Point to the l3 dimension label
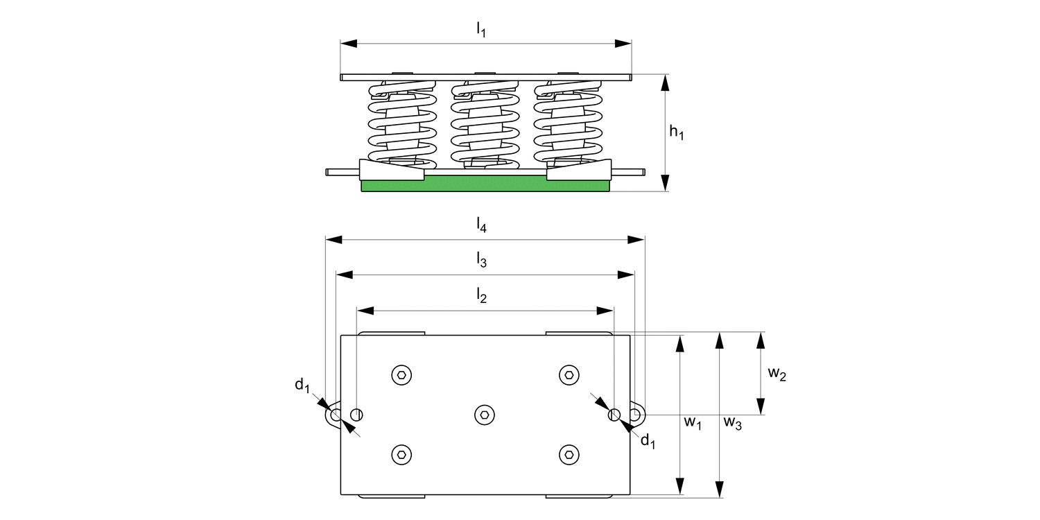(x=481, y=260)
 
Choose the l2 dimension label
(x=481, y=296)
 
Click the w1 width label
(x=693, y=422)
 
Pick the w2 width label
(x=777, y=374)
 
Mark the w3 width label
(x=732, y=422)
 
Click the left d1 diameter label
(x=302, y=385)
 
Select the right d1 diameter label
(x=648, y=440)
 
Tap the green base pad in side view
(x=485, y=185)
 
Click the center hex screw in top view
(x=485, y=415)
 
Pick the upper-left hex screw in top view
(x=401, y=375)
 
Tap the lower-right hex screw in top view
(x=569, y=455)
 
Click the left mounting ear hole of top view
(x=336, y=415)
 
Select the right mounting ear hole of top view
(x=634, y=415)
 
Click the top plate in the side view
(x=485, y=77)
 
